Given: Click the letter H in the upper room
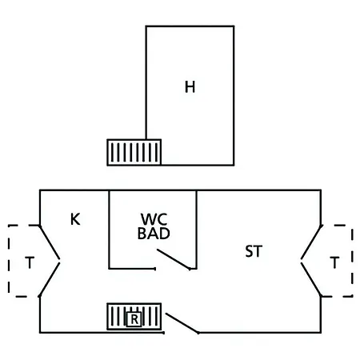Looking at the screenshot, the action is [190, 87].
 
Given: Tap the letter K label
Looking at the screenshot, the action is [75, 219].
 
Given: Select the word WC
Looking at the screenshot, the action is [154, 219].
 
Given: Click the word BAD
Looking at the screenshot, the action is [154, 233].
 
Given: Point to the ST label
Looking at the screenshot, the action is [254, 251].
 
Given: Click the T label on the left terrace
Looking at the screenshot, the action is [30, 262].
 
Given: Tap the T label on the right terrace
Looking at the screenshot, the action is [334, 262].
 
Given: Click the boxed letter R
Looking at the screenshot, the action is [134, 319].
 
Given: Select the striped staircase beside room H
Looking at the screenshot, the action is [134, 152].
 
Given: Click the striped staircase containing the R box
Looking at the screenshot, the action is [134, 317].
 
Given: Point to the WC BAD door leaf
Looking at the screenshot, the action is [174, 259].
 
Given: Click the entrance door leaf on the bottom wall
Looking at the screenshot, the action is [182, 323].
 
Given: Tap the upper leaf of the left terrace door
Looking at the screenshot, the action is [50, 242].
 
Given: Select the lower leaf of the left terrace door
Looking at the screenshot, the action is [50, 280].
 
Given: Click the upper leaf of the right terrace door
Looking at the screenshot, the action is [312, 242].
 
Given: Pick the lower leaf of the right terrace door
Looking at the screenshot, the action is [311, 280].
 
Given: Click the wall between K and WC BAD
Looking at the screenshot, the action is [109, 230].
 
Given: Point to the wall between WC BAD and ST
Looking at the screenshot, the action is [197, 230].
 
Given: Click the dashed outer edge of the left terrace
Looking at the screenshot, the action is [9, 261].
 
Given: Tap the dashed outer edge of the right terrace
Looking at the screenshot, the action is [352, 261].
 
